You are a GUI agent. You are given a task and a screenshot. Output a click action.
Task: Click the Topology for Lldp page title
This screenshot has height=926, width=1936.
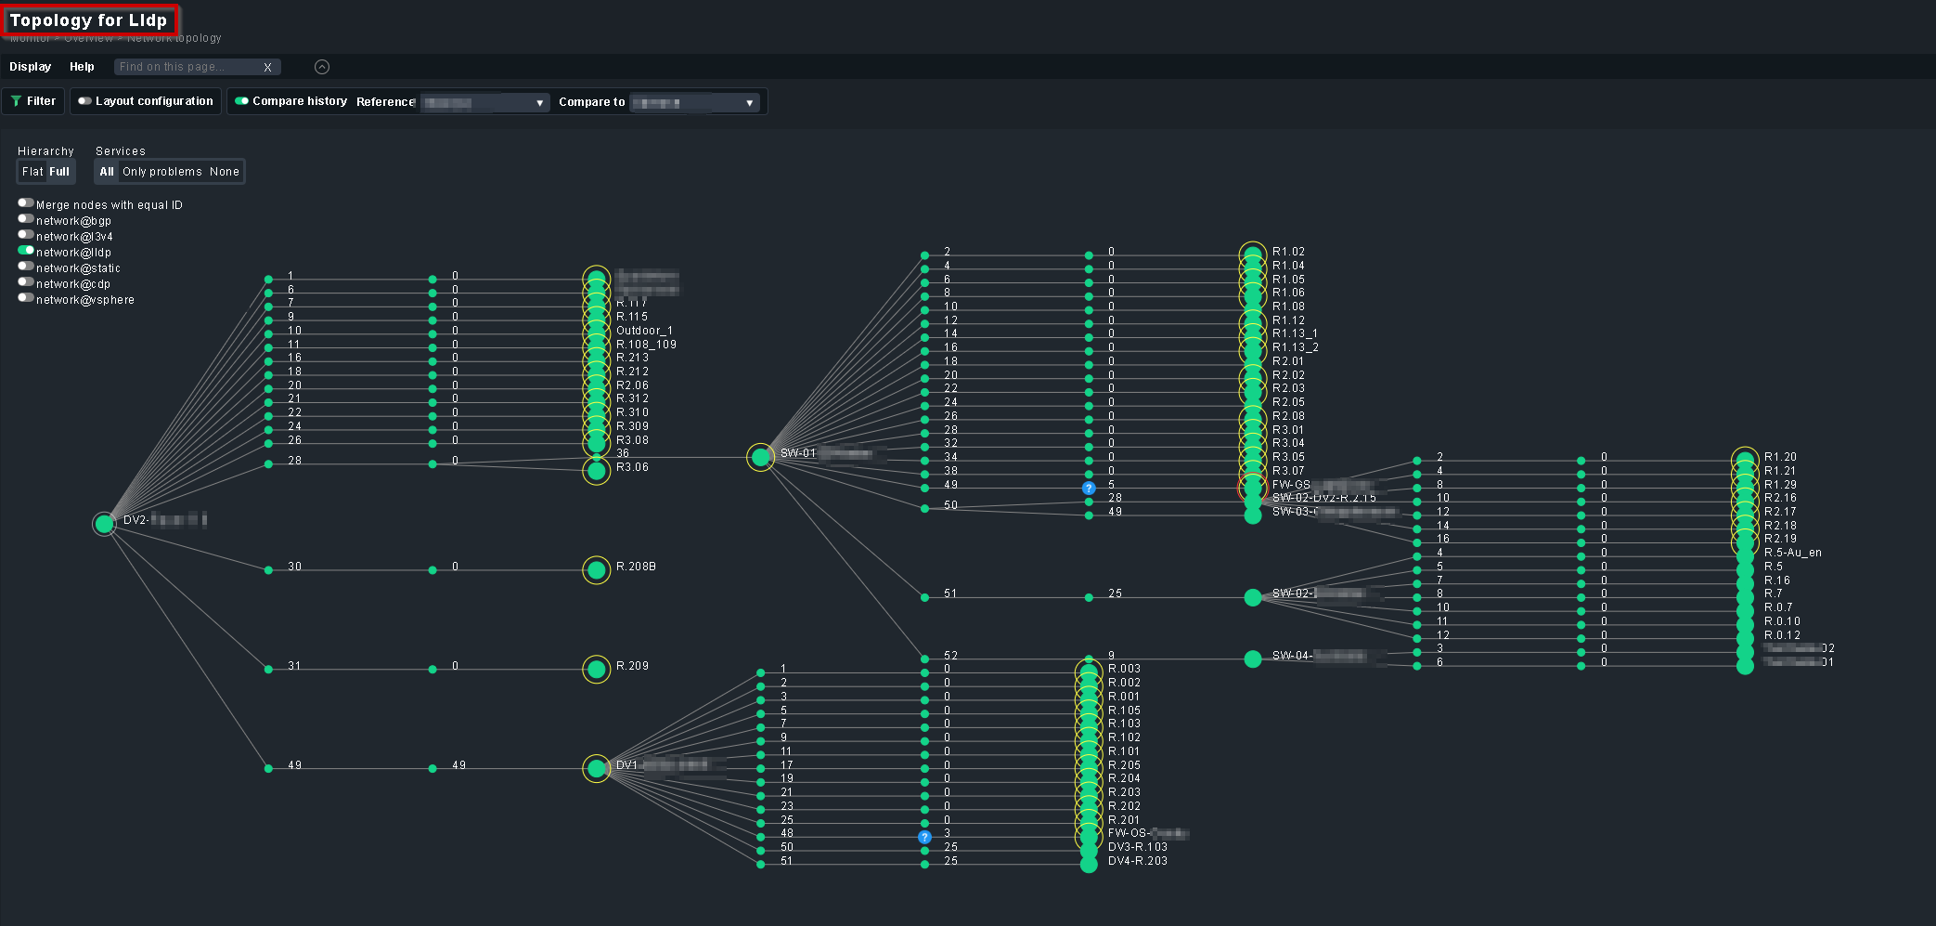[x=88, y=20]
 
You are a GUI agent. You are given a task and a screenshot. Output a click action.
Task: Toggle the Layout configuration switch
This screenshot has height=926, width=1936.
[x=84, y=101]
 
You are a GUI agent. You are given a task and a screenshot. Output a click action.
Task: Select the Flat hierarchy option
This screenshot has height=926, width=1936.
[x=32, y=172]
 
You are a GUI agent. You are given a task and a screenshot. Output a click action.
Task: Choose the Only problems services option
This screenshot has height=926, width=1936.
[x=161, y=172]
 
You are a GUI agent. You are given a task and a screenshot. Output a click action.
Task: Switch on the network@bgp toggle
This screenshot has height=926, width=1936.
[x=26, y=219]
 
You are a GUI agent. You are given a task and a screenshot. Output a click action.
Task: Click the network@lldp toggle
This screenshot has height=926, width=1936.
[x=26, y=251]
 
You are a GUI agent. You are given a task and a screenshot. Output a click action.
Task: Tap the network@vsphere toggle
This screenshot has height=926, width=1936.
[x=26, y=298]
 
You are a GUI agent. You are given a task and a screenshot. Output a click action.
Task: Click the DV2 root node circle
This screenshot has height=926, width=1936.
[x=105, y=524]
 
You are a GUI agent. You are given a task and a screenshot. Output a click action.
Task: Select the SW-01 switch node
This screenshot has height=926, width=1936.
[x=761, y=457]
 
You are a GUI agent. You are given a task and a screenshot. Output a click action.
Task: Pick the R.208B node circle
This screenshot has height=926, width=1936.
[x=597, y=569]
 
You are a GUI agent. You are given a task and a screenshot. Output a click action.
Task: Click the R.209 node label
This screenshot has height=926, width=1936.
[x=632, y=666]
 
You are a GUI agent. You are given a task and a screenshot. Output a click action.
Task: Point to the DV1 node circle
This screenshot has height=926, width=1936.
[x=597, y=768]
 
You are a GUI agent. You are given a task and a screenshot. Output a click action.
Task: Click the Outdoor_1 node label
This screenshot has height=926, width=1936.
[x=644, y=331]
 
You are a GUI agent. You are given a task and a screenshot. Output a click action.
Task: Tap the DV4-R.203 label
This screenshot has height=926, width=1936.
[x=1137, y=861]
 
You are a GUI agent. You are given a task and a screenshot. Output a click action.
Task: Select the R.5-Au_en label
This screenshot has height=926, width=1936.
[x=1792, y=553]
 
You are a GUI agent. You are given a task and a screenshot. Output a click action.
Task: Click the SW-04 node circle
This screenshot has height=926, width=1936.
[x=1253, y=659]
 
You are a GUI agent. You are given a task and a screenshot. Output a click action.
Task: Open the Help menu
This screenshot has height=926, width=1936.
[x=82, y=67]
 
